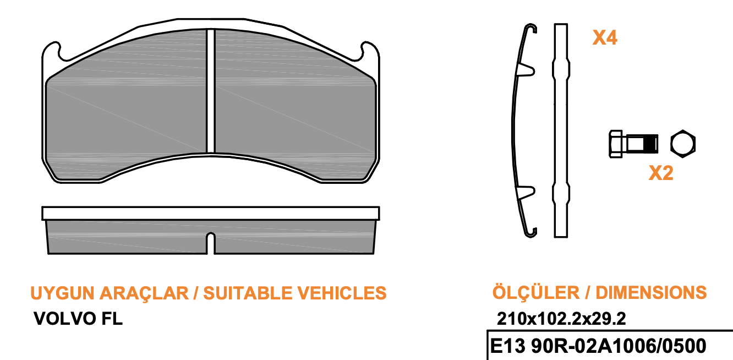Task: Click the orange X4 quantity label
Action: pos(604,38)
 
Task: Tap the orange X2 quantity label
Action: pos(661,173)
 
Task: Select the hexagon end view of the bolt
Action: pos(683,144)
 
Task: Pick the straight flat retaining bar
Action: pos(560,132)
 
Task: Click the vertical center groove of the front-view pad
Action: pos(210,91)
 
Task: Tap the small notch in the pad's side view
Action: pos(210,241)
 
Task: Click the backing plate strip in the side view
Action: pos(210,213)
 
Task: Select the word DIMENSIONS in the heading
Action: pos(651,292)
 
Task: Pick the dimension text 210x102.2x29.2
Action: pos(561,318)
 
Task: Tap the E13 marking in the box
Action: pos(506,346)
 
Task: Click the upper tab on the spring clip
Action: pos(527,69)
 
